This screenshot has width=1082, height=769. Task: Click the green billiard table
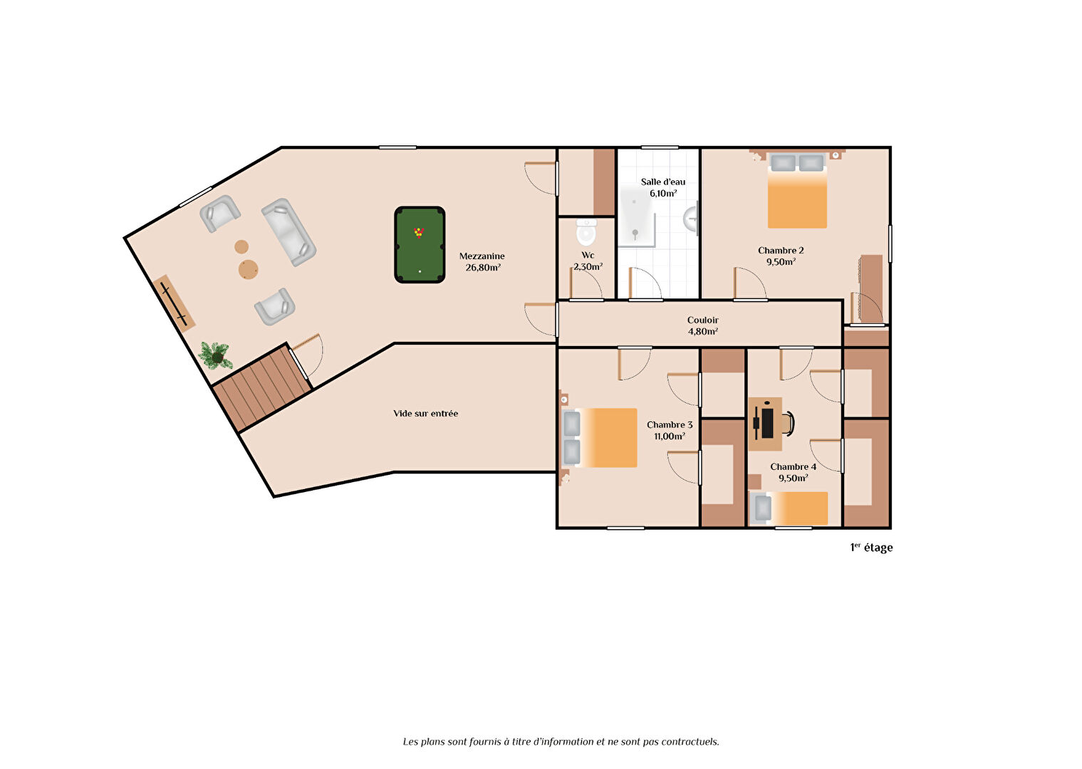pos(420,245)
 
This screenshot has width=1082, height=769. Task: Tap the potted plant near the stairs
pos(216,355)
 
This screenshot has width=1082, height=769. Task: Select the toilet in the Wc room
pos(586,232)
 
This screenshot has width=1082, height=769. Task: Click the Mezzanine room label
pos(482,256)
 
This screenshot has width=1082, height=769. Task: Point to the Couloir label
pos(703,320)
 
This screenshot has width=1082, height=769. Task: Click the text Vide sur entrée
pos(425,414)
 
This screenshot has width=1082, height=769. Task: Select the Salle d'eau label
pos(662,182)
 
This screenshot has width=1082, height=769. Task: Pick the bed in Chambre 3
pos(600,438)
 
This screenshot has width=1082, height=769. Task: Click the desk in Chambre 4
pos(765,424)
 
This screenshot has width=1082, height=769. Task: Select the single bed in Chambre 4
pos(789,508)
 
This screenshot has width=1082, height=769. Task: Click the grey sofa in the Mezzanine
pos(289,232)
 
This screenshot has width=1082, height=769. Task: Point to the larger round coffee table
pos(249,269)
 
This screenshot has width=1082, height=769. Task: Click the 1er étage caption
pos(871,548)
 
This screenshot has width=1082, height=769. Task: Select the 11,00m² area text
pos(670,436)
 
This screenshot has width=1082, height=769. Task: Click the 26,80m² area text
pos(482,268)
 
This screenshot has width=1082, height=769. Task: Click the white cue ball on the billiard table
pos(420,272)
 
